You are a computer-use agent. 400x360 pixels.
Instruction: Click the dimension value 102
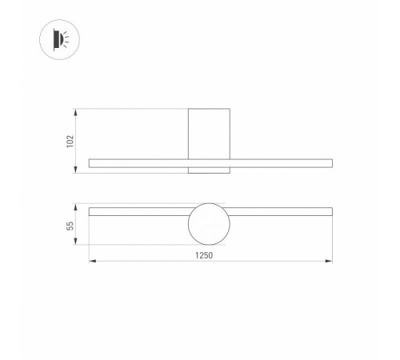70,141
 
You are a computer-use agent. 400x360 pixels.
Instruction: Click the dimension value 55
70,226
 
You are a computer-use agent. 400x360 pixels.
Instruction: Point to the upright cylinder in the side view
208,132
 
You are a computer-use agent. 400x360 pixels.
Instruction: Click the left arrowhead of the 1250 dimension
90,261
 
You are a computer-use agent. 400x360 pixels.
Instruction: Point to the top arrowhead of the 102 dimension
76,109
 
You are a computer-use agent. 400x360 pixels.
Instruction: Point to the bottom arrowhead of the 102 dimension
76,172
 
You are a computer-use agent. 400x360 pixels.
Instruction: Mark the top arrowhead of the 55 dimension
76,206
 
